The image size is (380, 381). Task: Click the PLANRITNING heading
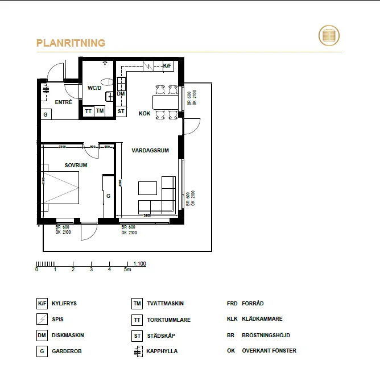pos(71,43)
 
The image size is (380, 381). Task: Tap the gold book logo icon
pos(328,36)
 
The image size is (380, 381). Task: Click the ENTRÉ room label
pos(63,102)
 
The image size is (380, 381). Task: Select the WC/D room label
pos(94,88)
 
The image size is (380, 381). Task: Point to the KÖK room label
pos(145,114)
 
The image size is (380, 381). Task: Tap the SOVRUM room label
pos(76,165)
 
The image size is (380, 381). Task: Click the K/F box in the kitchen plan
pos(167,67)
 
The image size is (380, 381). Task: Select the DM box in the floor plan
pos(121,93)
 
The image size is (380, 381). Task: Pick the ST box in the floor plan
pos(121,111)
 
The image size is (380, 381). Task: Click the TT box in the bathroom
pos(88,111)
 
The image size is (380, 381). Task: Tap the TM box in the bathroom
pos(100,111)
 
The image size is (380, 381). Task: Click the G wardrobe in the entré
pos(45,114)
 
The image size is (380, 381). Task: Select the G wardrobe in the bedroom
pos(108,196)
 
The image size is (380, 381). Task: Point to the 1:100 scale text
pos(140,264)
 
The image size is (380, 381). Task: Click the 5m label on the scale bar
pos(128,270)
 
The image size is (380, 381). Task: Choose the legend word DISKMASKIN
pos(68,336)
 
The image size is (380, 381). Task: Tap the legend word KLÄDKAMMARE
pos(262,319)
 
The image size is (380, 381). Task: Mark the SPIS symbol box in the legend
pos(42,320)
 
